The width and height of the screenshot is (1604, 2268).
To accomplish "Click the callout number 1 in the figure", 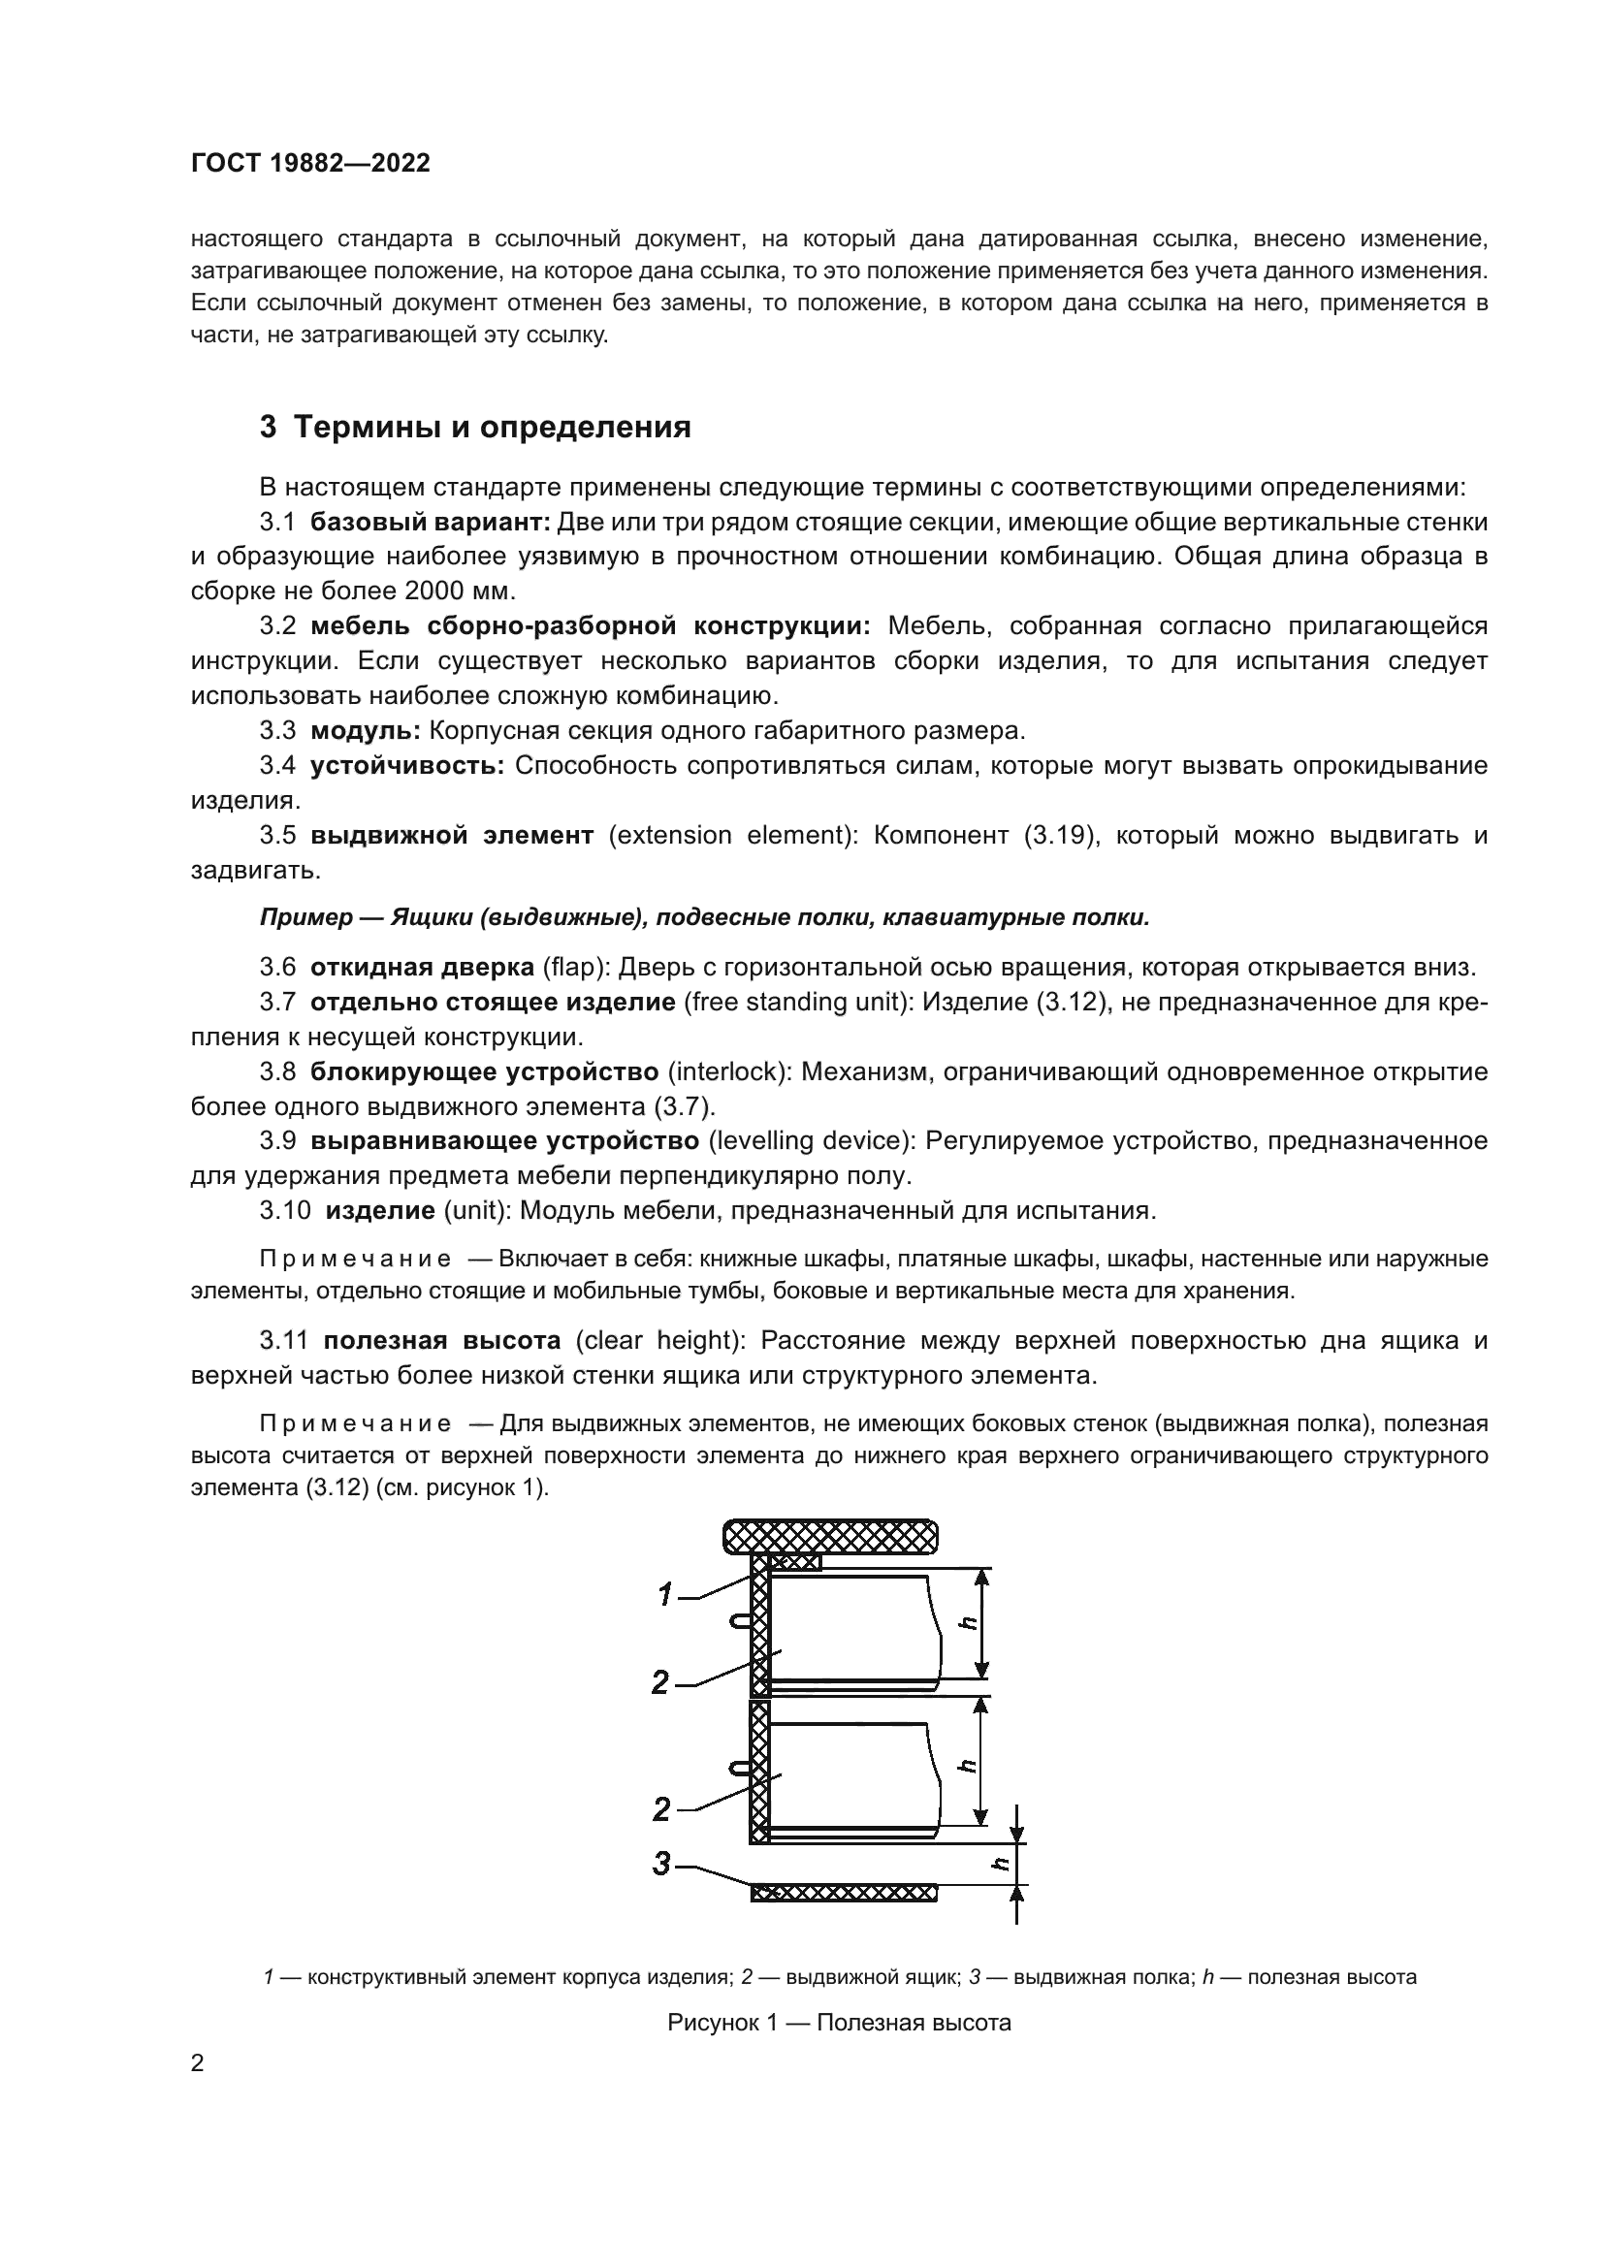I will (665, 1593).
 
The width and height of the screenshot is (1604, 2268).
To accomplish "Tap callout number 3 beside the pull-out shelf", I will (662, 1863).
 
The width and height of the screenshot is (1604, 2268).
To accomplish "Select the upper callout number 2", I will (660, 1682).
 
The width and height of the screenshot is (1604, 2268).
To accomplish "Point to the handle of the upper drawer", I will (740, 1619).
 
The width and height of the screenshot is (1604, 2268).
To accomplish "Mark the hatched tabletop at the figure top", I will (830, 1536).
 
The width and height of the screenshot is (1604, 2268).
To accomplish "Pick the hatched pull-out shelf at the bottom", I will (843, 1893).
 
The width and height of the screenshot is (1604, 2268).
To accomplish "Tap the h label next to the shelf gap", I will (1001, 1863).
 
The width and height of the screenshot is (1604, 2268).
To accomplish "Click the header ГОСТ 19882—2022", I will (310, 164).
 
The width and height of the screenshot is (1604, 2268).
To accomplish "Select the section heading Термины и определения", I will (492, 427).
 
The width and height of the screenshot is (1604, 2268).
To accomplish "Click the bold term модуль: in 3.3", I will (366, 730).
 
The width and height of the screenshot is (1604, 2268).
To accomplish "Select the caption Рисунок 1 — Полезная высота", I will (839, 2022).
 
